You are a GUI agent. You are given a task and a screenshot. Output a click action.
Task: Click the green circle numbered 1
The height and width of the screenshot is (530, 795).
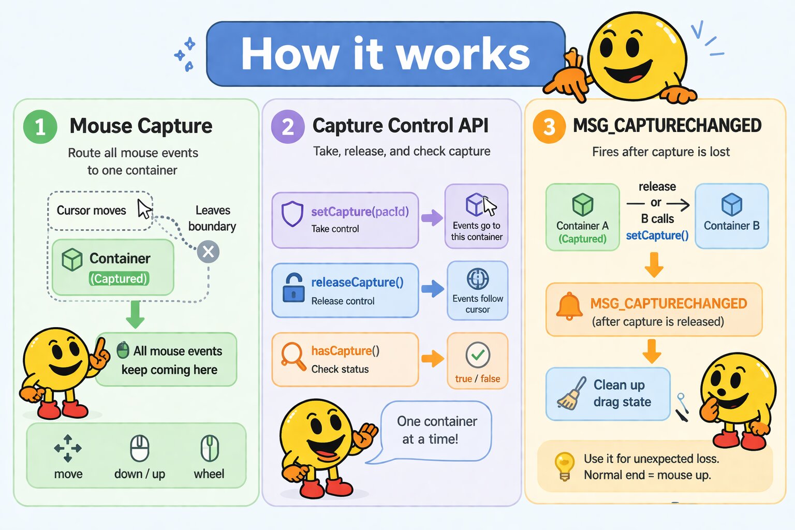(40, 127)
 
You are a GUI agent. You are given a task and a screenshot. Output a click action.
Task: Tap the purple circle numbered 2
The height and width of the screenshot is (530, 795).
(288, 127)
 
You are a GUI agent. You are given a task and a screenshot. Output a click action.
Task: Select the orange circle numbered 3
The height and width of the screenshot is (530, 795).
(549, 127)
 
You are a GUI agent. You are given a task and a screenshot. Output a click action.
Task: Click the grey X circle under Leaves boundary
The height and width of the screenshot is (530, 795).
(208, 252)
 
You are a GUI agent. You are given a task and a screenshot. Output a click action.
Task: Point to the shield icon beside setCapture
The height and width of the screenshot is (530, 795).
(292, 214)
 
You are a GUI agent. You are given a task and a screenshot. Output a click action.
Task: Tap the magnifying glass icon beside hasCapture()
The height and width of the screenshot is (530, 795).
(293, 356)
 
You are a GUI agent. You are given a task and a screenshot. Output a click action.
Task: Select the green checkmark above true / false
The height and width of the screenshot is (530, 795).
(478, 355)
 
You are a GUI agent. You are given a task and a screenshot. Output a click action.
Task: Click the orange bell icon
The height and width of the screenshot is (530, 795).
(569, 306)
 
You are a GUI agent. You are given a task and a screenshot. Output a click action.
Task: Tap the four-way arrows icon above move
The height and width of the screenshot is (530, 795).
(68, 448)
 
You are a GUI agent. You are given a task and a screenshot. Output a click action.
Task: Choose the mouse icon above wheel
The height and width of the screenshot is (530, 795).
(210, 448)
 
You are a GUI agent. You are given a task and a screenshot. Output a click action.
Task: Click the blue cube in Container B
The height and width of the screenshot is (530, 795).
(731, 204)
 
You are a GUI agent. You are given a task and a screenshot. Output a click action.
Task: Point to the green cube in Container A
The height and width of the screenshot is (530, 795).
(582, 204)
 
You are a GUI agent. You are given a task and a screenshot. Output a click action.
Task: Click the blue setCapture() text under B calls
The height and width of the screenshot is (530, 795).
(657, 235)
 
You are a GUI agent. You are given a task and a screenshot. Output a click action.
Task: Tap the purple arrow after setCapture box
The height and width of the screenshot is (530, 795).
(432, 218)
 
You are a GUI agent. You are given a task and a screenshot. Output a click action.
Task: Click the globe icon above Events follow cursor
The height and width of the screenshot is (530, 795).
(477, 279)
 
